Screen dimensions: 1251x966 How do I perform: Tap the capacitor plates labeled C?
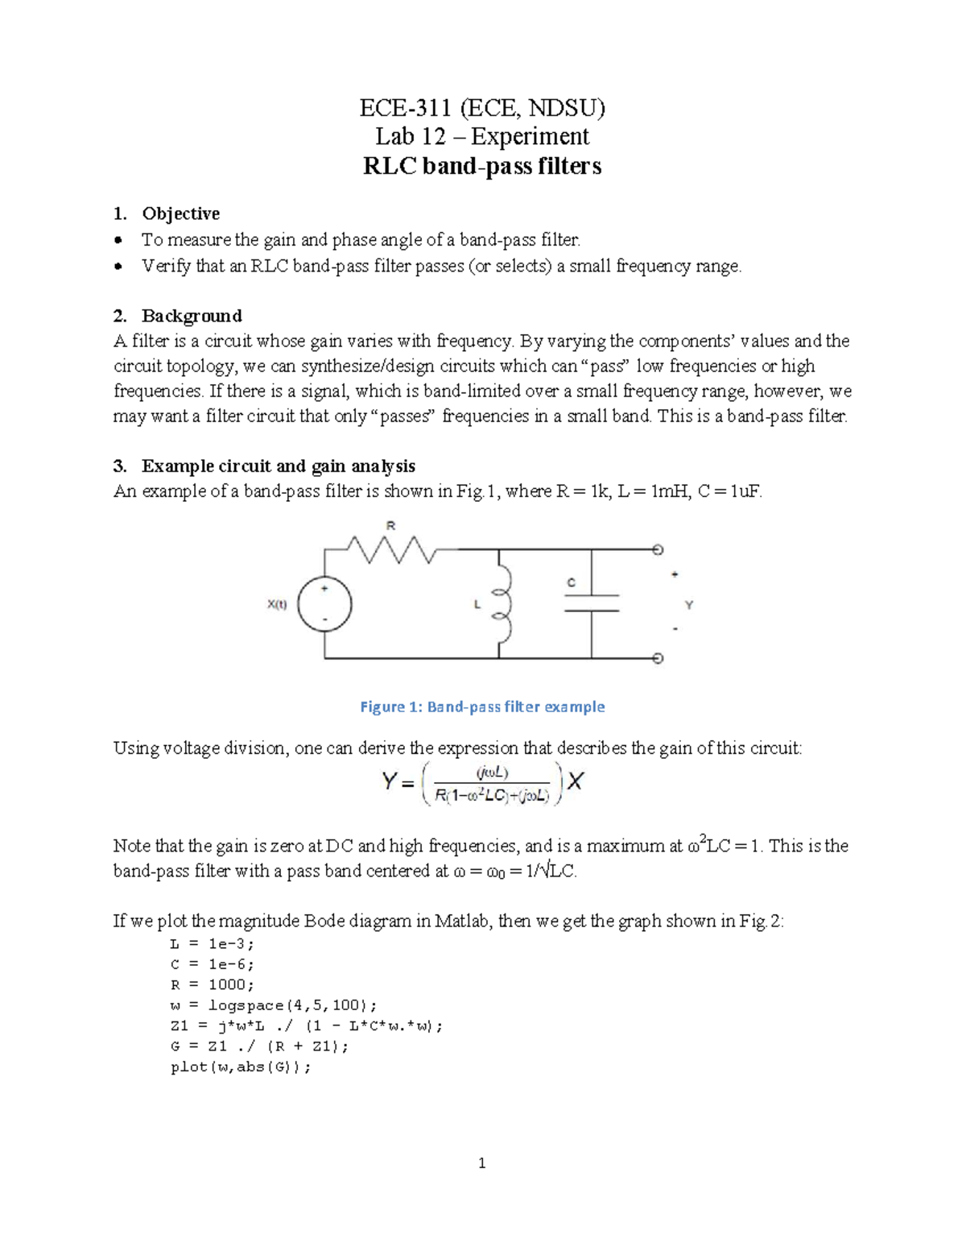(x=592, y=603)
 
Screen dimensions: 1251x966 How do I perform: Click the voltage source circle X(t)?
(x=324, y=604)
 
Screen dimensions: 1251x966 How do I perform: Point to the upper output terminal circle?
(x=658, y=550)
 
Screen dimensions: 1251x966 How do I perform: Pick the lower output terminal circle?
(x=658, y=658)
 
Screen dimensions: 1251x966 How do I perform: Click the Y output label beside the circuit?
(x=689, y=604)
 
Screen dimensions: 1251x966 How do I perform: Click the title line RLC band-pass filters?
(x=481, y=166)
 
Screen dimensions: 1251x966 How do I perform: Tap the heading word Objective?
(x=180, y=213)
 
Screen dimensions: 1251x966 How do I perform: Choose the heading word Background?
(x=192, y=315)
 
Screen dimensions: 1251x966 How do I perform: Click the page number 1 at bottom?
(x=482, y=1162)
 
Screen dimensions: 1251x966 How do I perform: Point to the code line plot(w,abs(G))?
(x=241, y=1067)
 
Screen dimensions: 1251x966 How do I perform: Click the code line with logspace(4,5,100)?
(x=273, y=1005)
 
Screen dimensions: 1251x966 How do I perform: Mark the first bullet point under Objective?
(x=119, y=240)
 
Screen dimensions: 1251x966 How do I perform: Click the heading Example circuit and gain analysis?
(x=279, y=466)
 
